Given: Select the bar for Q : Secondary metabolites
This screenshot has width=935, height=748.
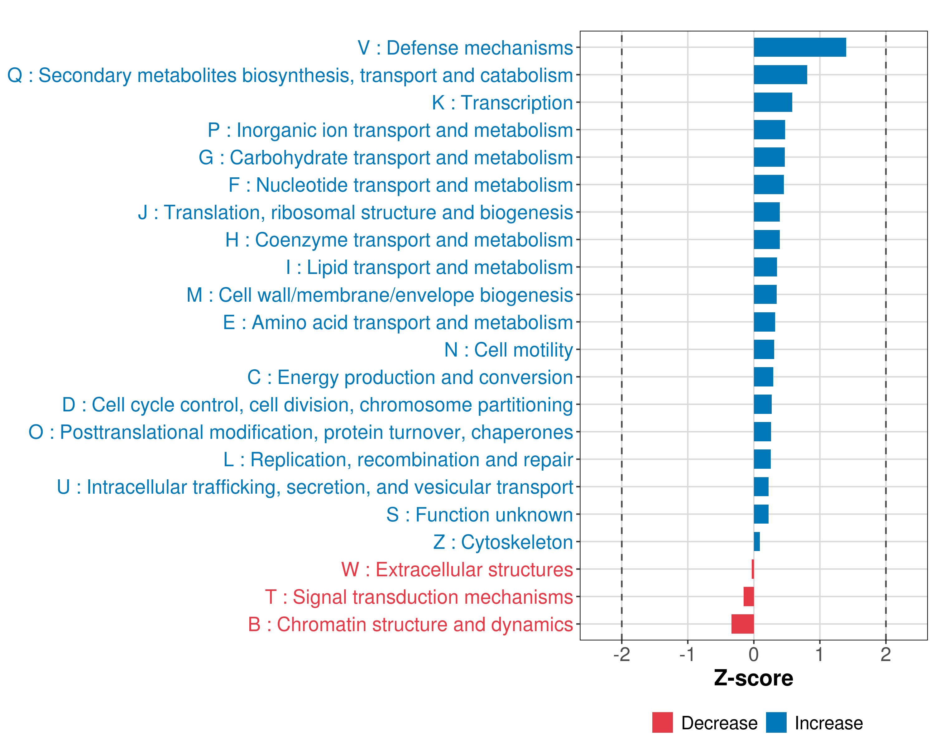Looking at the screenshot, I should [780, 74].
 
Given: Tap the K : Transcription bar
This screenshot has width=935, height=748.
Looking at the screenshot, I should [773, 102].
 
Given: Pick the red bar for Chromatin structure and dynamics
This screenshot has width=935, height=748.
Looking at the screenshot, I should [742, 624].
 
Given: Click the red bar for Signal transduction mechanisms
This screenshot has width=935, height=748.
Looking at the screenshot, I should [749, 597].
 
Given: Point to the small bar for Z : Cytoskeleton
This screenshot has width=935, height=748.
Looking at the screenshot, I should [757, 542].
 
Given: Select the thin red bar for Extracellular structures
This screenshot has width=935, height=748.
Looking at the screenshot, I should [753, 569].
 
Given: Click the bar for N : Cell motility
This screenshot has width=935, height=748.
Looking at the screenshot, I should [764, 349].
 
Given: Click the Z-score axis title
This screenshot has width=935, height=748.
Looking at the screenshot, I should [753, 678].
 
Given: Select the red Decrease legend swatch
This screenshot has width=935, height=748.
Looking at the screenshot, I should [662, 722].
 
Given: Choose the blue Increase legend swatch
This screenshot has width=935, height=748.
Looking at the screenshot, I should [776, 722].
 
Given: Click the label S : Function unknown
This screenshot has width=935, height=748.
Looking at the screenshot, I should [480, 515].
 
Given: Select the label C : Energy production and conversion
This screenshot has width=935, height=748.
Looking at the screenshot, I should [410, 377].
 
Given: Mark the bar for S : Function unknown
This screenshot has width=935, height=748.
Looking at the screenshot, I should [761, 514].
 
